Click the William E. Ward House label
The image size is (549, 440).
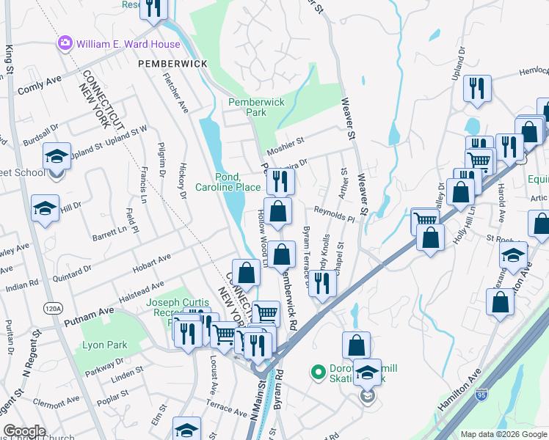point(128,44)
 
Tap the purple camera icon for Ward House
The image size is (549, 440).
point(65,44)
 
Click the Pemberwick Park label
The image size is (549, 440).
point(256,108)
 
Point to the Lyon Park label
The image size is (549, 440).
point(105,345)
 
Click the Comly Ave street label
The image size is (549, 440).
point(38,87)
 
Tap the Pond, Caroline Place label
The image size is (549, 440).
point(228,182)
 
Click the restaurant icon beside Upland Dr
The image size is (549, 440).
point(478,89)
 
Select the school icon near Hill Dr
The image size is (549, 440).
point(45,208)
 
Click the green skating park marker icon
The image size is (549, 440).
point(319,373)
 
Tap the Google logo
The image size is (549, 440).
point(25,431)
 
